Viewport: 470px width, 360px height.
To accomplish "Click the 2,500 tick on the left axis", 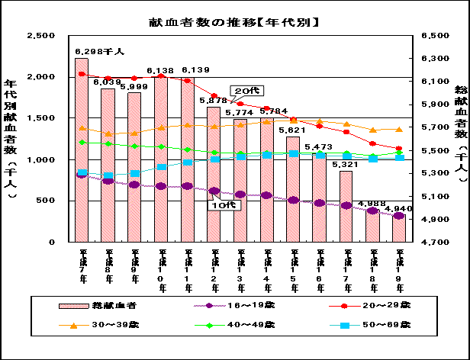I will (40, 36).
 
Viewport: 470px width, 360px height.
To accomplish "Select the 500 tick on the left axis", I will (45, 201).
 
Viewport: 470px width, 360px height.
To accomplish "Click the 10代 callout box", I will (220, 204).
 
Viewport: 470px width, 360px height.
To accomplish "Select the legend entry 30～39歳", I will (99, 325).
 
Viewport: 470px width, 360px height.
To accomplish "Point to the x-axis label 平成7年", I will (82, 262).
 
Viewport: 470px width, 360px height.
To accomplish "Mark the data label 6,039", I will (107, 82).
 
